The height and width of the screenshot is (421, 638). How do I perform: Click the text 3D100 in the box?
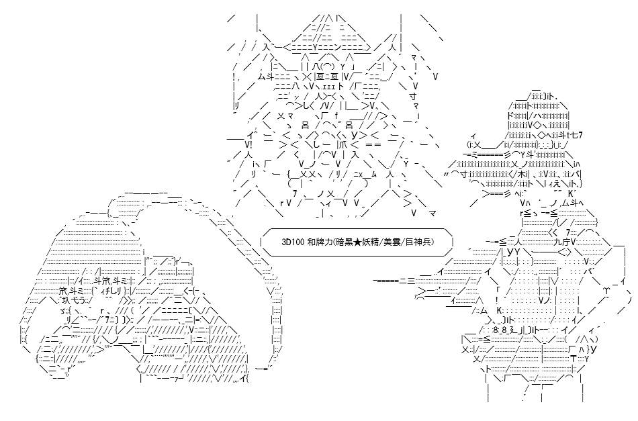pos(291,242)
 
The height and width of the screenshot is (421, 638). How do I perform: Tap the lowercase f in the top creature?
pos(336,116)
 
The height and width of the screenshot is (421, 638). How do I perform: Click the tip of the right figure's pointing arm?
pos(374,281)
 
